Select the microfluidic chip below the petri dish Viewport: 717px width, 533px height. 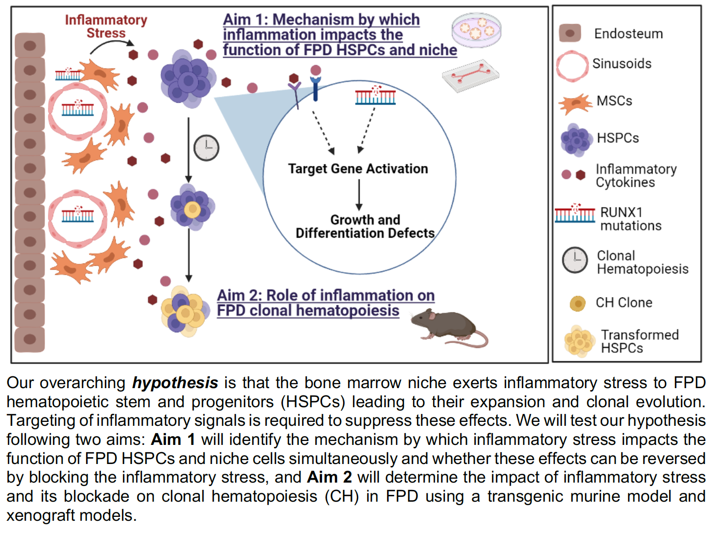tap(470, 75)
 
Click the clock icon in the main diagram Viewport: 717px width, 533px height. tap(206, 148)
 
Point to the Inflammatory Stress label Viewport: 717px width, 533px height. tap(106, 26)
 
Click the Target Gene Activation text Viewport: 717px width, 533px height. tap(358, 169)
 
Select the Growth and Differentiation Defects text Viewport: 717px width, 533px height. tap(365, 227)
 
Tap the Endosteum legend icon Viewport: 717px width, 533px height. tap(570, 33)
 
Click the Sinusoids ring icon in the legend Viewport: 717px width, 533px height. tap(572, 66)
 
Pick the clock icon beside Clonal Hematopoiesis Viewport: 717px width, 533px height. tap(575, 260)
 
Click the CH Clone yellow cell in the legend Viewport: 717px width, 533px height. tap(578, 303)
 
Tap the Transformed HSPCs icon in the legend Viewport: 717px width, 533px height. tap(579, 341)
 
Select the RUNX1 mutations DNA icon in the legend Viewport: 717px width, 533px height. tap(575, 214)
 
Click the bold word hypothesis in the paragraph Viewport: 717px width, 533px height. tap(175, 383)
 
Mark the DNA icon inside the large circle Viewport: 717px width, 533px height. tap(375, 96)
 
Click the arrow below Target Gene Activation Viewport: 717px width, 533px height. tap(359, 195)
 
